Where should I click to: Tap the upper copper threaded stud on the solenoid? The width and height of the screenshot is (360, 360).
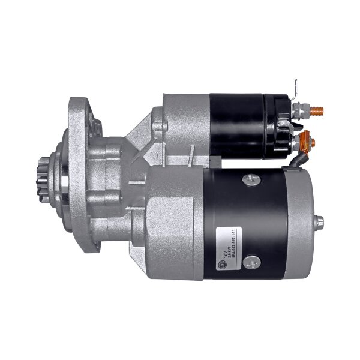[319, 110]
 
